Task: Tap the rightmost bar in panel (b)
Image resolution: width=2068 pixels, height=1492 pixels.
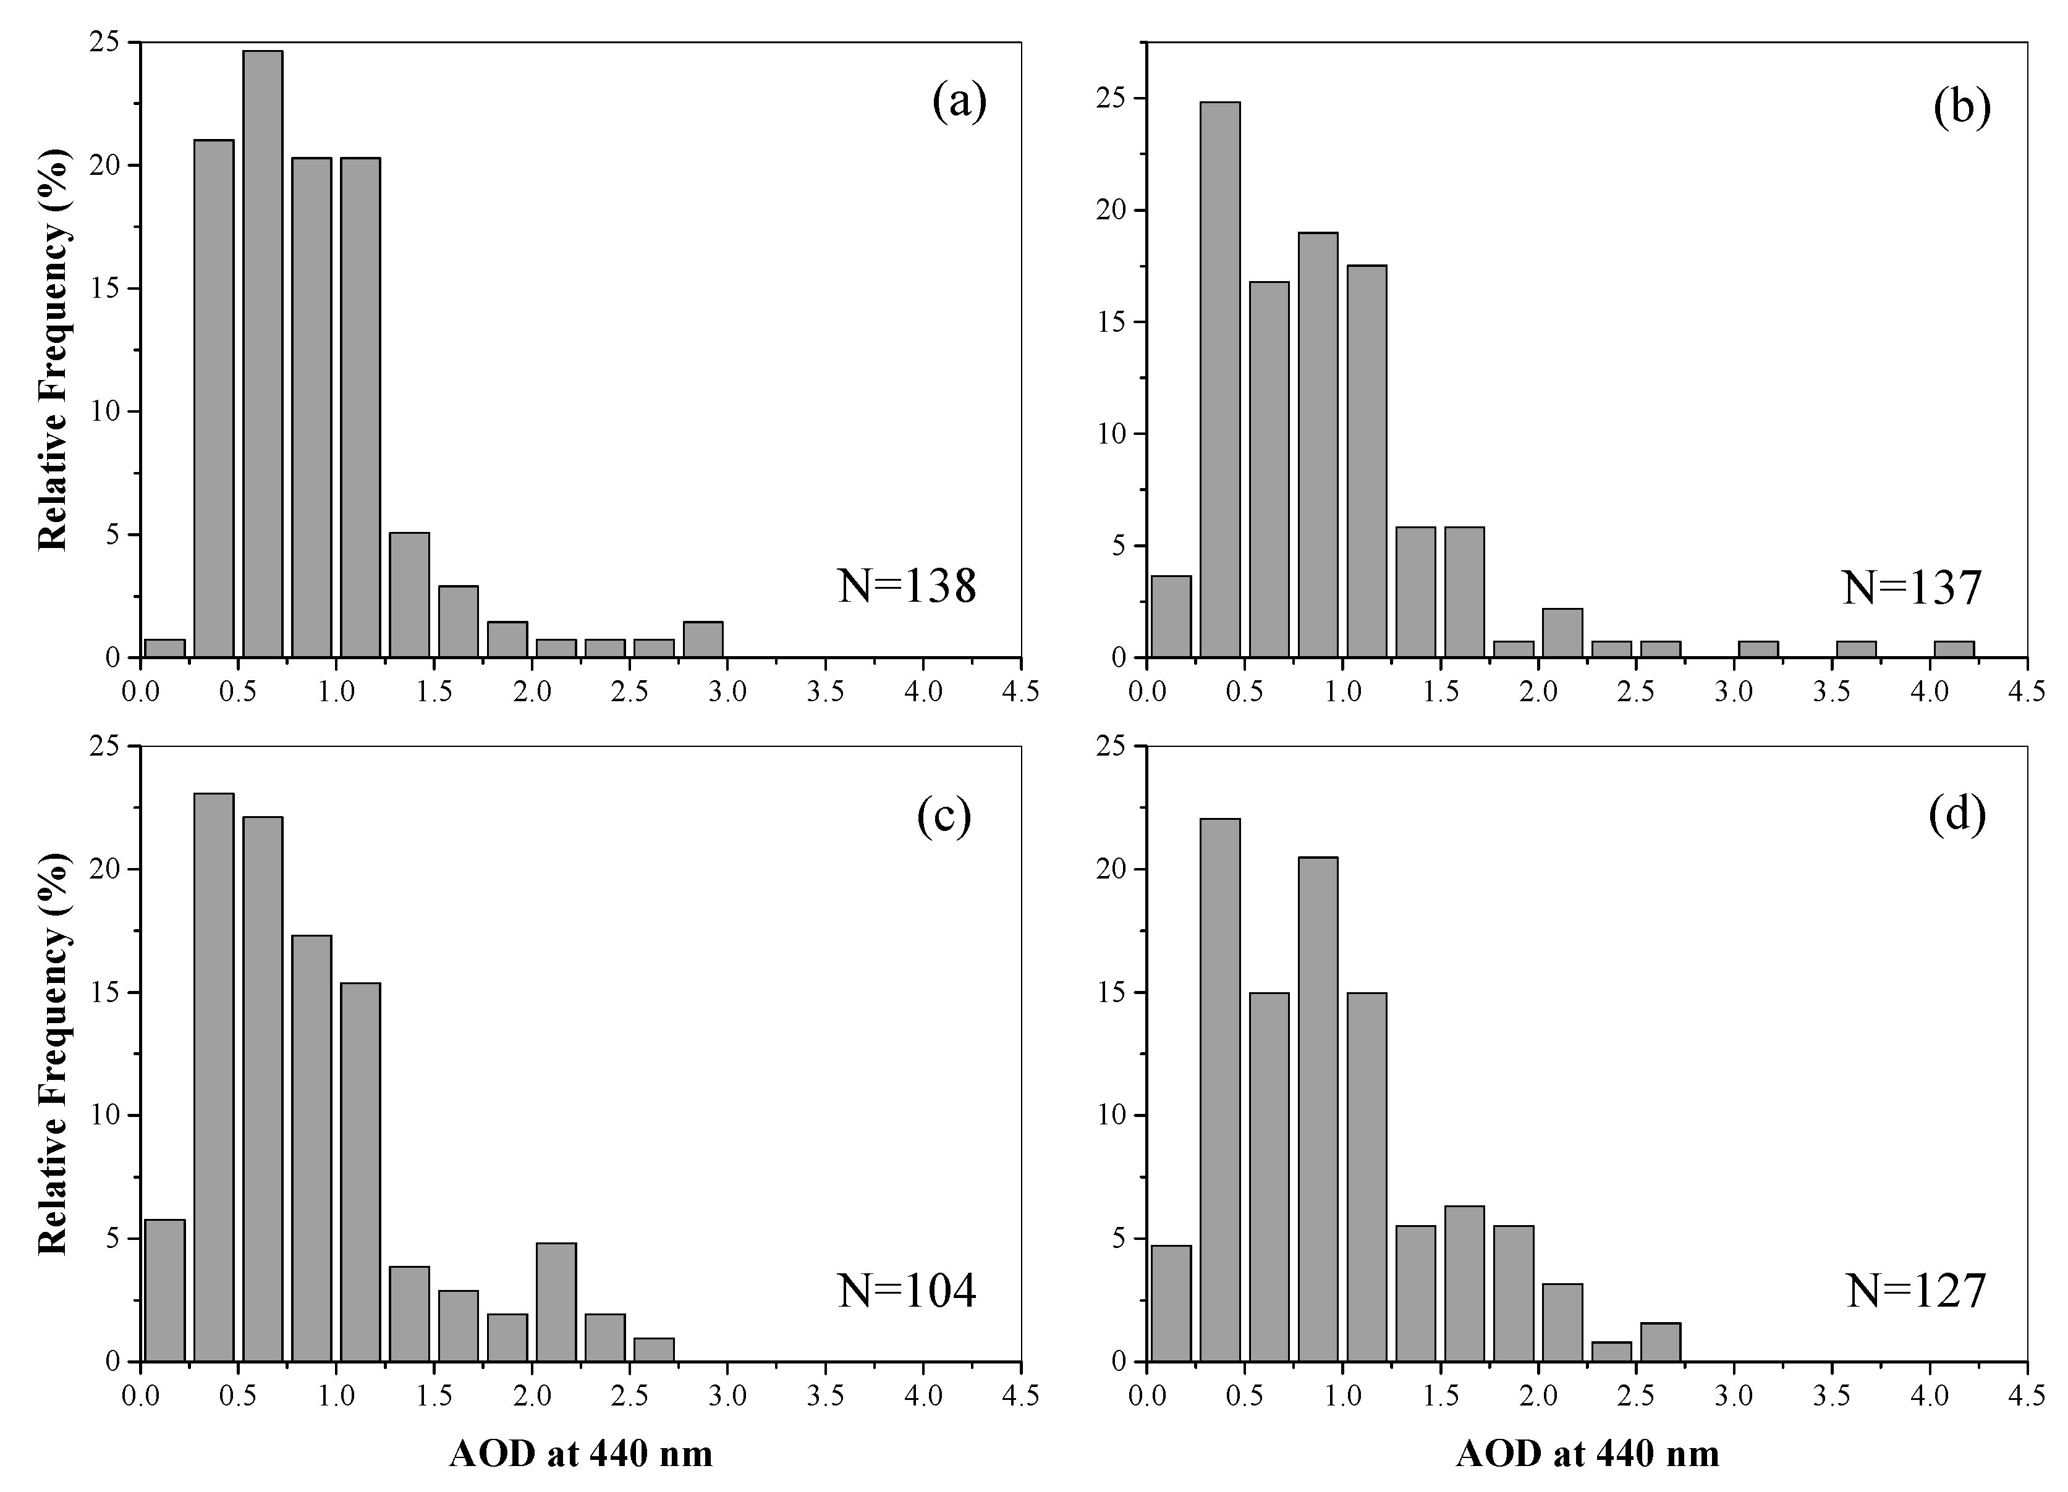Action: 1954,649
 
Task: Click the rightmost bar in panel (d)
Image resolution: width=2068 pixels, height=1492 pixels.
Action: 1661,1342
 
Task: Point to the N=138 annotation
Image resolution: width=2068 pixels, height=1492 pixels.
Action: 907,587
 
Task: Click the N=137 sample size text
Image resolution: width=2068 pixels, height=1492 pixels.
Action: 1912,588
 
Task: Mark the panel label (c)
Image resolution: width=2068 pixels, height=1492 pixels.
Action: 944,817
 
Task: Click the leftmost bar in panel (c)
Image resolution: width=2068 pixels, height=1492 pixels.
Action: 165,1291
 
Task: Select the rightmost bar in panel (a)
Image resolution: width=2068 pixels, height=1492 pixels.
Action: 703,639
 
